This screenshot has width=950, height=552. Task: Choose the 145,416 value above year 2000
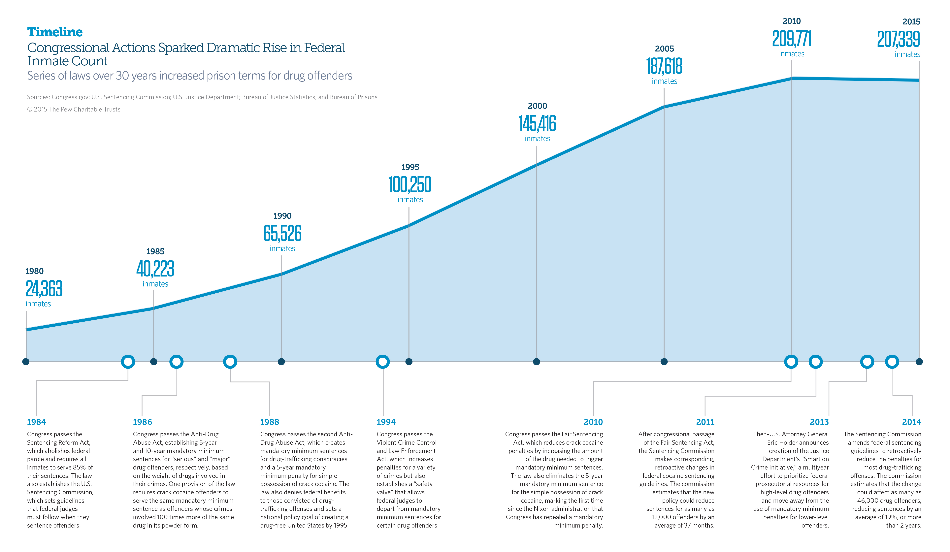(537, 124)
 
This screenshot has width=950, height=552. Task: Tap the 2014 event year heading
(911, 422)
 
